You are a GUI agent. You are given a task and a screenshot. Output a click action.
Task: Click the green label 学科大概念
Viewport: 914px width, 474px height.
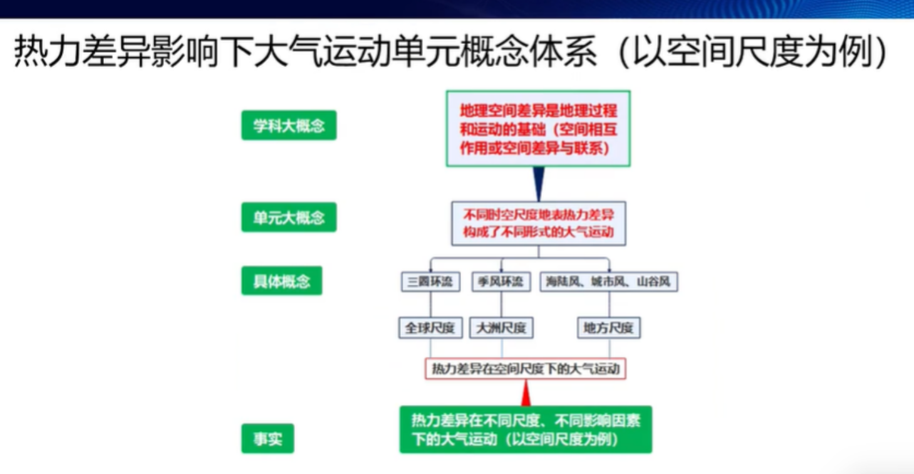[289, 125]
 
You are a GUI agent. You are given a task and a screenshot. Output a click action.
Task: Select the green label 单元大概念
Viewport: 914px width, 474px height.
[289, 218]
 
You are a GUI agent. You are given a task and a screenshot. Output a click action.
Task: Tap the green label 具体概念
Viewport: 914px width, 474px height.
[282, 280]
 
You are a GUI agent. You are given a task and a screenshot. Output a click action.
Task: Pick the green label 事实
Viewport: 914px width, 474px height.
[267, 438]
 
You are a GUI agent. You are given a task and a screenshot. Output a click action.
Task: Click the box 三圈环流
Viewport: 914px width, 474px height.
[430, 282]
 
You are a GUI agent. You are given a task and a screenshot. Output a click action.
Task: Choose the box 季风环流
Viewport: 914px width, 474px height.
[501, 282]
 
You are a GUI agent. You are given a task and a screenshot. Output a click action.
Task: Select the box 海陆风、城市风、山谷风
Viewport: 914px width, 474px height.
[608, 282]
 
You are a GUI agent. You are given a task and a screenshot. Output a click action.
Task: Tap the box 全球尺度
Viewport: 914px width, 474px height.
[430, 327]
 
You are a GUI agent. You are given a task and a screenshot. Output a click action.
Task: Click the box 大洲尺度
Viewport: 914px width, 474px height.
[501, 327]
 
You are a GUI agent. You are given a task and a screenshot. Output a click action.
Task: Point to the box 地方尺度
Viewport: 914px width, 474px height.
[608, 327]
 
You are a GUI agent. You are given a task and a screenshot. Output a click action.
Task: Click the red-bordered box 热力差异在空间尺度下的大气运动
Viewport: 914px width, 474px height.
[525, 369]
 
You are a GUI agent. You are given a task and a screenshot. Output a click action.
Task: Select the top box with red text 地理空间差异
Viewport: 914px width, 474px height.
[538, 129]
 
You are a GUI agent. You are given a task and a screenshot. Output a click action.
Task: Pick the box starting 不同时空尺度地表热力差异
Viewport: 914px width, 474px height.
[538, 223]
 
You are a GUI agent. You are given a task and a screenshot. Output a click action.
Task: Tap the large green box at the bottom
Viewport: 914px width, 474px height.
[526, 429]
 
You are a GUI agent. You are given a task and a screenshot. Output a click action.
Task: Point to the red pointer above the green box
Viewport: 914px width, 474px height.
[526, 393]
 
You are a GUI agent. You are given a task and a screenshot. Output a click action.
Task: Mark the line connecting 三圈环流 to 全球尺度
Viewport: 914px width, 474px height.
[430, 305]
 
